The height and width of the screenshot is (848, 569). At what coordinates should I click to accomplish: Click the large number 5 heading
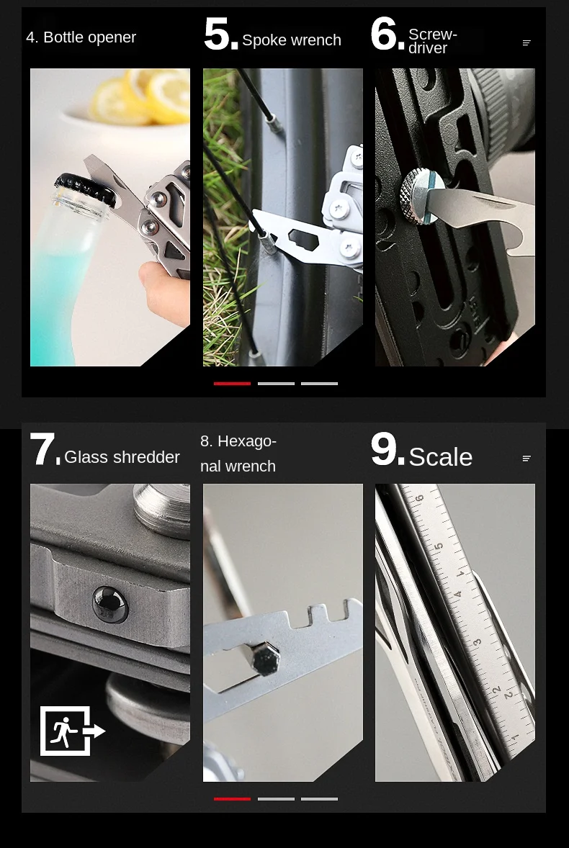pyautogui.click(x=220, y=35)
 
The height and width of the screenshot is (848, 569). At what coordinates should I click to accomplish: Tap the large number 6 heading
pyautogui.click(x=387, y=34)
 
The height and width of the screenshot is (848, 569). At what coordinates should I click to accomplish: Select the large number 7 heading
pyautogui.click(x=45, y=449)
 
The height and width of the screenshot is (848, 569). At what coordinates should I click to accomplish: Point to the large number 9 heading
pyautogui.click(x=387, y=449)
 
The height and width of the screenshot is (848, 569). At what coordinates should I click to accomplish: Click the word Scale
pyautogui.click(x=440, y=457)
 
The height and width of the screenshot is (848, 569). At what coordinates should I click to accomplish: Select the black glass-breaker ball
pyautogui.click(x=110, y=603)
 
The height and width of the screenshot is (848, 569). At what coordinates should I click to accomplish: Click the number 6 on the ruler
pyautogui.click(x=420, y=497)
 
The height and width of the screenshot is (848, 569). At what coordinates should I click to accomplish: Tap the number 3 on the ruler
pyautogui.click(x=477, y=643)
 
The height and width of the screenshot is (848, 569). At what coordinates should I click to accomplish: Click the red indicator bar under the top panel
pyautogui.click(x=232, y=384)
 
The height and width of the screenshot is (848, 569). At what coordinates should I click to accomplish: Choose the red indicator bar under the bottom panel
pyautogui.click(x=232, y=799)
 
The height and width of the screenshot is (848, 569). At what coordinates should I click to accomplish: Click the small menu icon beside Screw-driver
pyautogui.click(x=527, y=42)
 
